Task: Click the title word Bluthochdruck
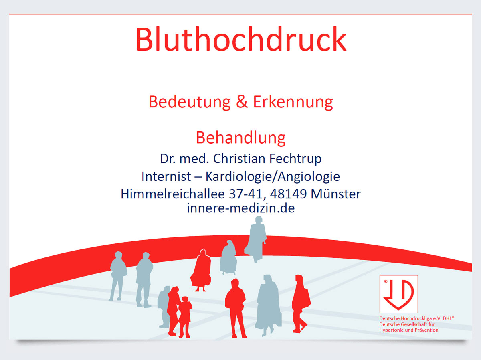(241, 39)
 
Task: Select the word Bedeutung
(190, 102)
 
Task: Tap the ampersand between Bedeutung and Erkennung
(242, 102)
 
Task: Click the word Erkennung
(293, 102)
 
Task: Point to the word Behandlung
(240, 138)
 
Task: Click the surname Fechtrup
(295, 159)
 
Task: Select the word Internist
(166, 176)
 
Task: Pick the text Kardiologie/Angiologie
(273, 177)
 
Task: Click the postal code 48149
(288, 194)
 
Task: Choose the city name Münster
(336, 194)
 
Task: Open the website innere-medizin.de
(240, 208)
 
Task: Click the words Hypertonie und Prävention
(409, 330)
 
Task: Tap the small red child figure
(185, 317)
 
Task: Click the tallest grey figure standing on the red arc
(256, 239)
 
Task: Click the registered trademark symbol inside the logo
(386, 281)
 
